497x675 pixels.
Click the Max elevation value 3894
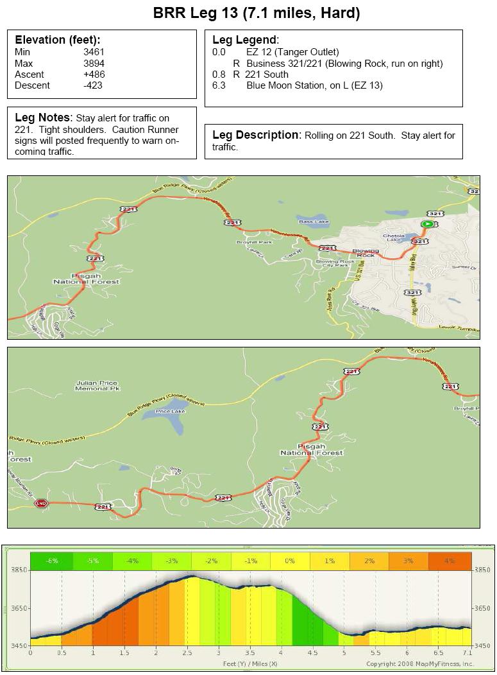pyautogui.click(x=94, y=64)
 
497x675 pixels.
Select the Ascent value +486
pyautogui.click(x=94, y=75)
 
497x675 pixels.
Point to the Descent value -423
pyautogui.click(x=94, y=85)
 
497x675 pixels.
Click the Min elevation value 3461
pyautogui.click(x=94, y=53)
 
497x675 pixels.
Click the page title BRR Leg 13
pyautogui.click(x=248, y=13)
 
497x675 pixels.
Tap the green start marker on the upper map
pyautogui.click(x=426, y=224)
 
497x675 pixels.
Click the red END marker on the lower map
pyautogui.click(x=42, y=503)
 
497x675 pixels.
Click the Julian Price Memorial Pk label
pyautogui.click(x=97, y=386)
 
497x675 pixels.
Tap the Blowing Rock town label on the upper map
pyautogui.click(x=366, y=252)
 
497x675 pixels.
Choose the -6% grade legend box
pyautogui.click(x=51, y=561)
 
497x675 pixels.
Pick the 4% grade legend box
pyautogui.click(x=448, y=561)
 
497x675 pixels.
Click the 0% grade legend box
pyautogui.click(x=290, y=561)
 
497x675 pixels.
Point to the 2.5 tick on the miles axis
pyautogui.click(x=187, y=653)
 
